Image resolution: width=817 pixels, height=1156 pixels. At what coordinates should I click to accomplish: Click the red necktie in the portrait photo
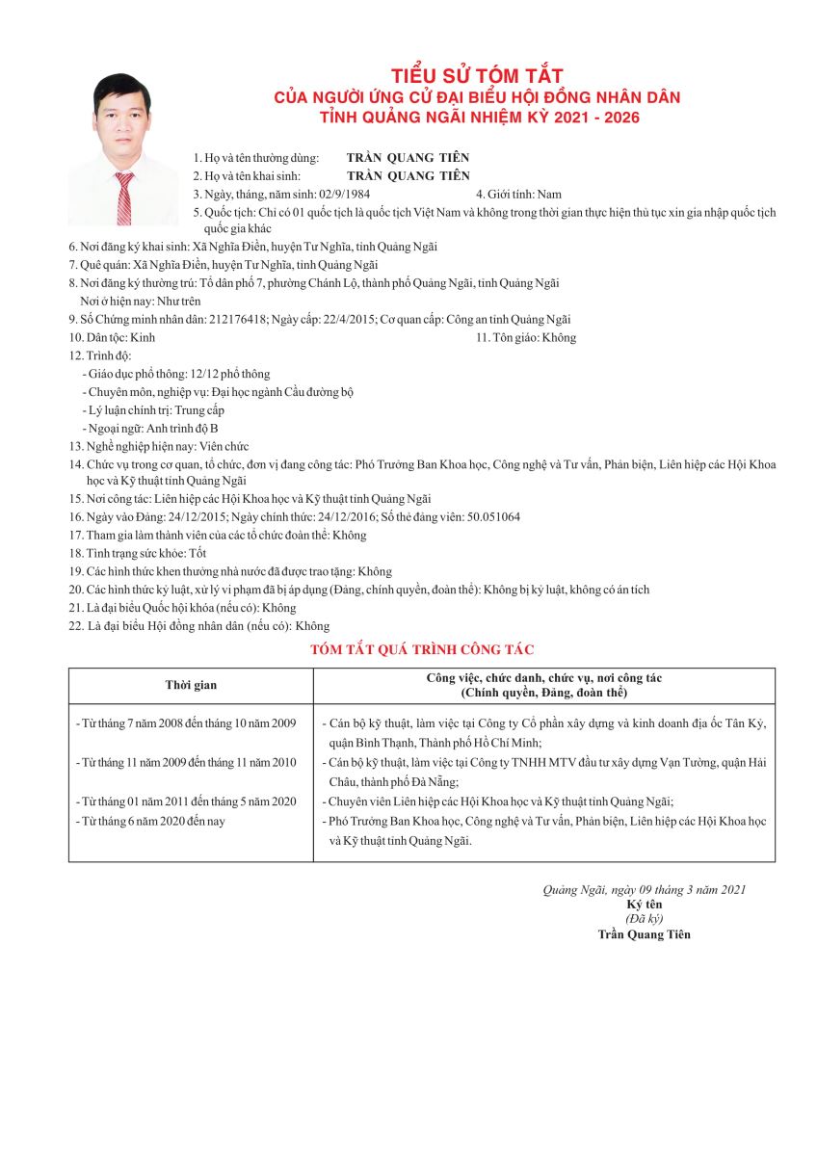[x=124, y=198]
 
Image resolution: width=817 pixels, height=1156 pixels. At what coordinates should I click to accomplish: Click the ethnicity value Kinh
[x=142, y=337]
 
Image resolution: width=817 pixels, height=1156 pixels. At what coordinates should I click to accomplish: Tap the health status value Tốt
[x=198, y=553]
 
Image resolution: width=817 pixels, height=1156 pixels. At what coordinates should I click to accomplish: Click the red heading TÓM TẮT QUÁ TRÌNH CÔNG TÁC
[x=422, y=650]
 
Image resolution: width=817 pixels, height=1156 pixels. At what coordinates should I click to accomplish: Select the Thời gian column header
[x=191, y=685]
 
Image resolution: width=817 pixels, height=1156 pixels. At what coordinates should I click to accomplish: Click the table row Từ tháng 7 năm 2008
[x=186, y=722]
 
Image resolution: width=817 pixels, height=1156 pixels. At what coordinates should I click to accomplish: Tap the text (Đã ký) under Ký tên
[x=644, y=918]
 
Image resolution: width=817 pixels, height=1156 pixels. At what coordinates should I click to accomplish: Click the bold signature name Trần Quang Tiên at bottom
[x=644, y=933]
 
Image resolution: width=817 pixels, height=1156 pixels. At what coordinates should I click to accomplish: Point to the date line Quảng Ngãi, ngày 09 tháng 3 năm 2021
[x=644, y=889]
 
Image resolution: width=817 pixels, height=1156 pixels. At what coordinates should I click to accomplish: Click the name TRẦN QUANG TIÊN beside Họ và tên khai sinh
[x=408, y=175]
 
